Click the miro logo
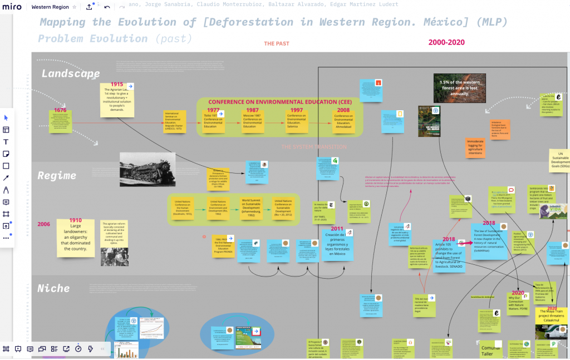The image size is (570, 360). [12, 7]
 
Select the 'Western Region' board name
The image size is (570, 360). [50, 7]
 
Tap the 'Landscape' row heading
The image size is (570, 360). [71, 74]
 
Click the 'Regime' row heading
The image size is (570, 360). [57, 176]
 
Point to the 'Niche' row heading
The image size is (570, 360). [53, 288]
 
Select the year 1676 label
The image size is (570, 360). [60, 110]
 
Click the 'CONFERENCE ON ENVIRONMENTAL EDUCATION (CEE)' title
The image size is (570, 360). [279, 102]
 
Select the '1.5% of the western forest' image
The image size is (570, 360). [459, 88]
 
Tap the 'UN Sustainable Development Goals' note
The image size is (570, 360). [559, 161]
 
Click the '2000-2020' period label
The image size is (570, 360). [446, 42]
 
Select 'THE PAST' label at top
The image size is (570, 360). [277, 43]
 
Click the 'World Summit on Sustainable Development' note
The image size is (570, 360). [255, 208]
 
